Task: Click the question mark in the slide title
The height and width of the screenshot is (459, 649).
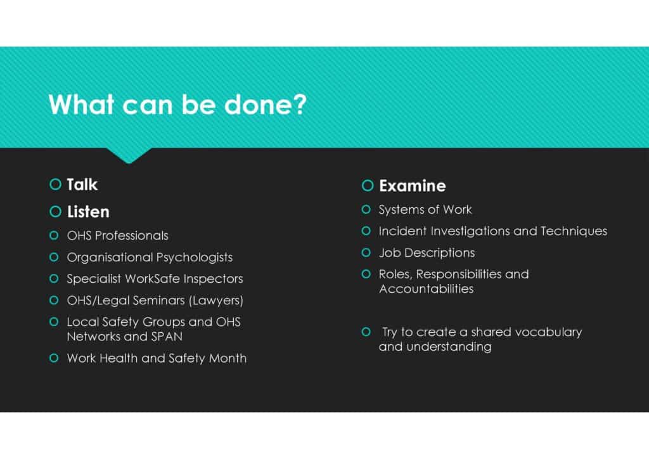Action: pyautogui.click(x=299, y=104)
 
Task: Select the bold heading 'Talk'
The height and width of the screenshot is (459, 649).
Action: pyautogui.click(x=82, y=184)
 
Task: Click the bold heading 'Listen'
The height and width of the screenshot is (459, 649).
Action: pyautogui.click(x=88, y=212)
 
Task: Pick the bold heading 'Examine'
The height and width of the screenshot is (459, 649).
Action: pyautogui.click(x=413, y=186)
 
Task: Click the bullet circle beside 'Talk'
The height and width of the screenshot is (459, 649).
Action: pyautogui.click(x=55, y=184)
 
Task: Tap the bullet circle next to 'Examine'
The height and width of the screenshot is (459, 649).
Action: pyautogui.click(x=368, y=185)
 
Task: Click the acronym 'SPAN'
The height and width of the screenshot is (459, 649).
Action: pyautogui.click(x=167, y=337)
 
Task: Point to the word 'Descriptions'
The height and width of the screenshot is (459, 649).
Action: pyautogui.click(x=440, y=253)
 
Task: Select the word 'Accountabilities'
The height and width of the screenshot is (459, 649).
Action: pyautogui.click(x=427, y=289)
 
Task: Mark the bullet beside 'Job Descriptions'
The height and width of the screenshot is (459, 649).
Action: pyautogui.click(x=366, y=252)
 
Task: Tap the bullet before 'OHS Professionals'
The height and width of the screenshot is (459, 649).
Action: pyautogui.click(x=54, y=235)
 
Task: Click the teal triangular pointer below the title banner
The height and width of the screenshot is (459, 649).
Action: pyautogui.click(x=129, y=155)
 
